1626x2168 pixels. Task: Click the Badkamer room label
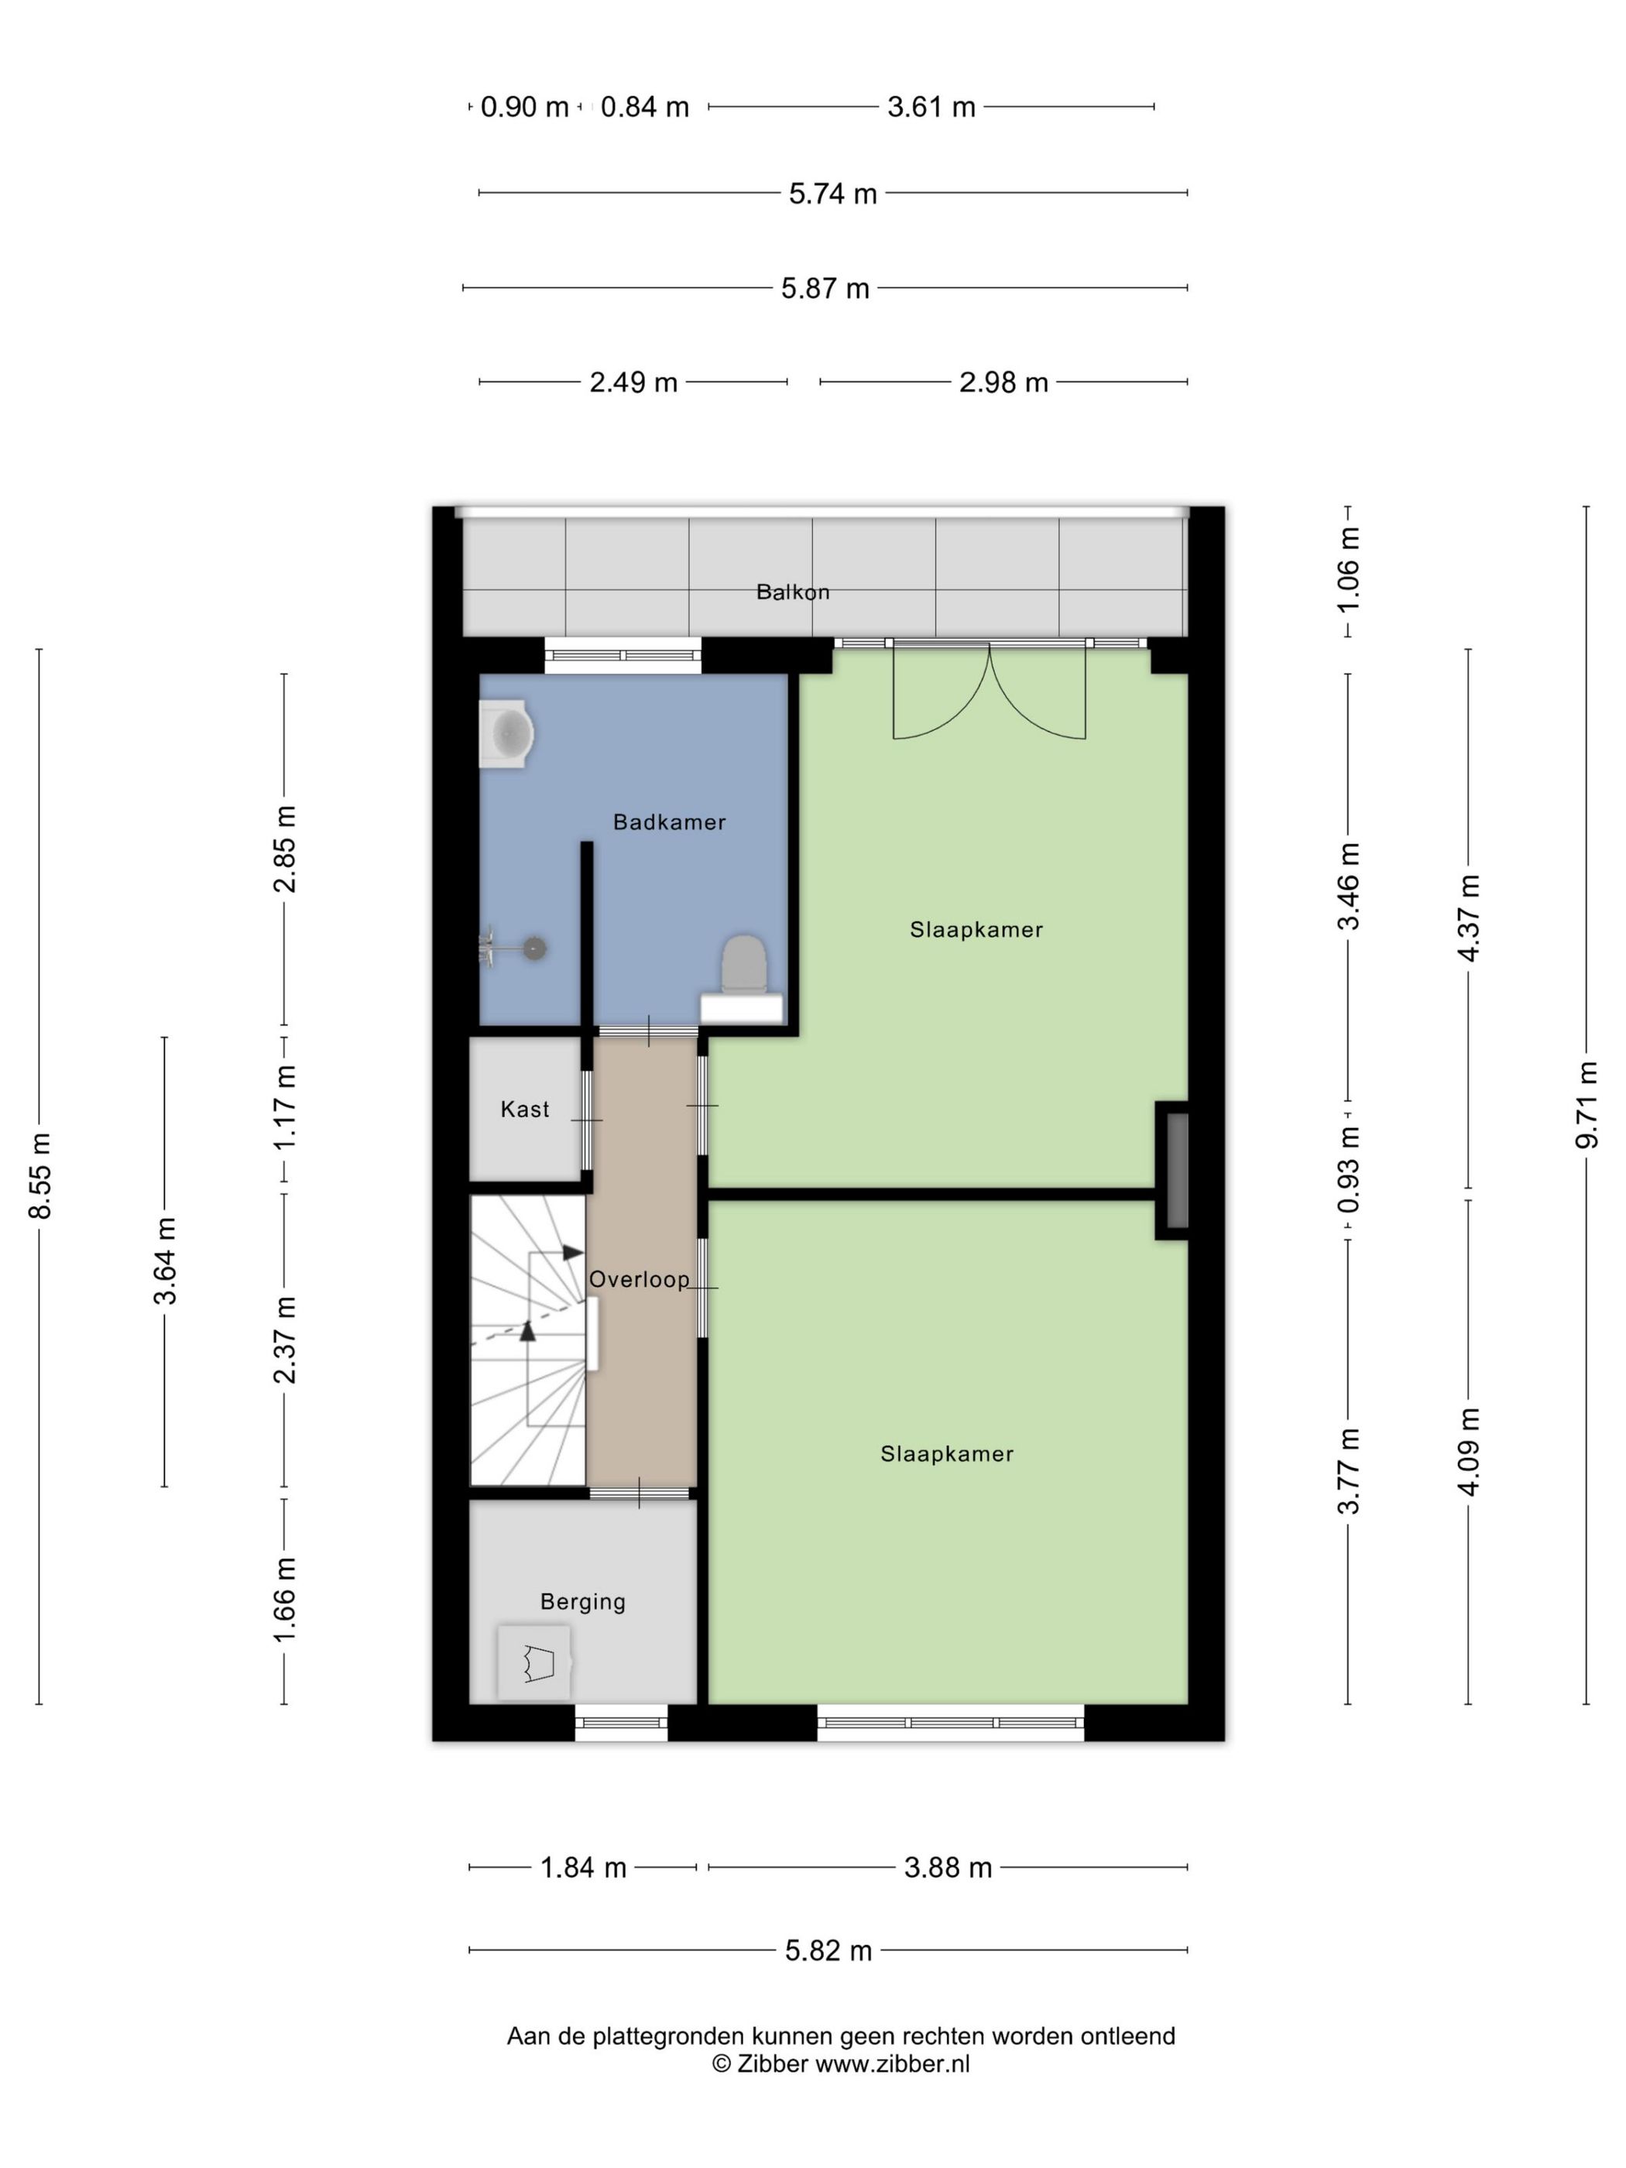670,822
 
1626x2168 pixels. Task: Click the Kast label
524,1110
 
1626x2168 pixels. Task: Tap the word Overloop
639,1279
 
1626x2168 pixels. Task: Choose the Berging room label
582,1601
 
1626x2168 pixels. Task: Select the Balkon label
793,592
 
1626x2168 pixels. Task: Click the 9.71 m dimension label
1588,1106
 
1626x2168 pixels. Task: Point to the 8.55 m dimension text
40,1175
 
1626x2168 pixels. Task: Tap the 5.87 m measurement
825,289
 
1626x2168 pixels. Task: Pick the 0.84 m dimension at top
645,107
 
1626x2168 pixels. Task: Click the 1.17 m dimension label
284,1106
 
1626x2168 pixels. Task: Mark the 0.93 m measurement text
1349,1168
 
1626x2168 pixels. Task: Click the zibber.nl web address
893,2063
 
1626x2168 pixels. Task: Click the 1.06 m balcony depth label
1349,568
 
